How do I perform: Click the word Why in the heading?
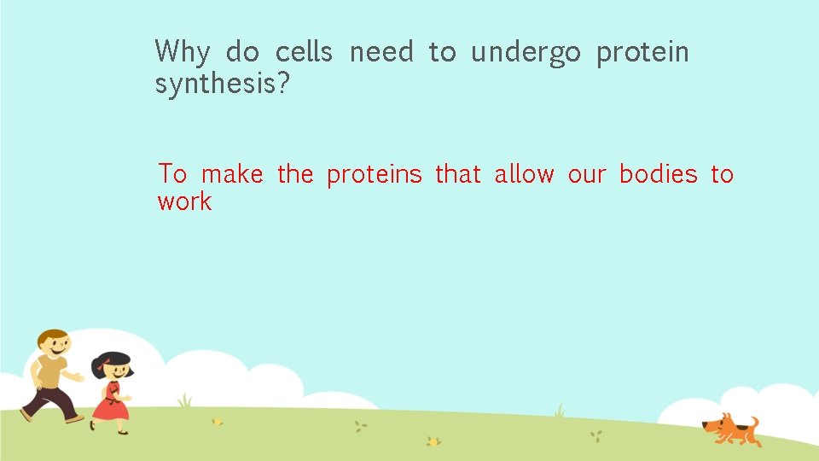tap(182, 53)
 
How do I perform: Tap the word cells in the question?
tap(304, 52)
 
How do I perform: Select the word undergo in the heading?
tap(526, 53)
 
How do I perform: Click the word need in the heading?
tap(381, 52)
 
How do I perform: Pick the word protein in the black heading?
tap(642, 53)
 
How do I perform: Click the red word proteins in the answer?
tap(375, 175)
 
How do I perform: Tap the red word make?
tap(232, 174)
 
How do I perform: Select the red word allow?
tap(524, 174)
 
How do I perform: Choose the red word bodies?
tap(658, 174)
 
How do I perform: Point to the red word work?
tap(184, 202)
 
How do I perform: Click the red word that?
tap(458, 174)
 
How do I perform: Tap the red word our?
tap(587, 174)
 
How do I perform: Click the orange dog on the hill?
tap(730, 429)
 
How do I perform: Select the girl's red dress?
tap(111, 404)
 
